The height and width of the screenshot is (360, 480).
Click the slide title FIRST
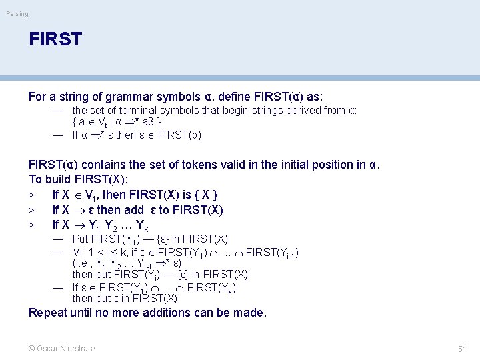55,39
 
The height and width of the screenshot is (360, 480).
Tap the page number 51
462,349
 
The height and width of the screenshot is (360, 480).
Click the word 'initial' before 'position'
297,164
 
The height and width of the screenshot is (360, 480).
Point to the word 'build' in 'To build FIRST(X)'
60,179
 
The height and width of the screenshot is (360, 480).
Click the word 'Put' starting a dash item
80,239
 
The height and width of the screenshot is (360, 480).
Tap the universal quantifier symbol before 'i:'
75,252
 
